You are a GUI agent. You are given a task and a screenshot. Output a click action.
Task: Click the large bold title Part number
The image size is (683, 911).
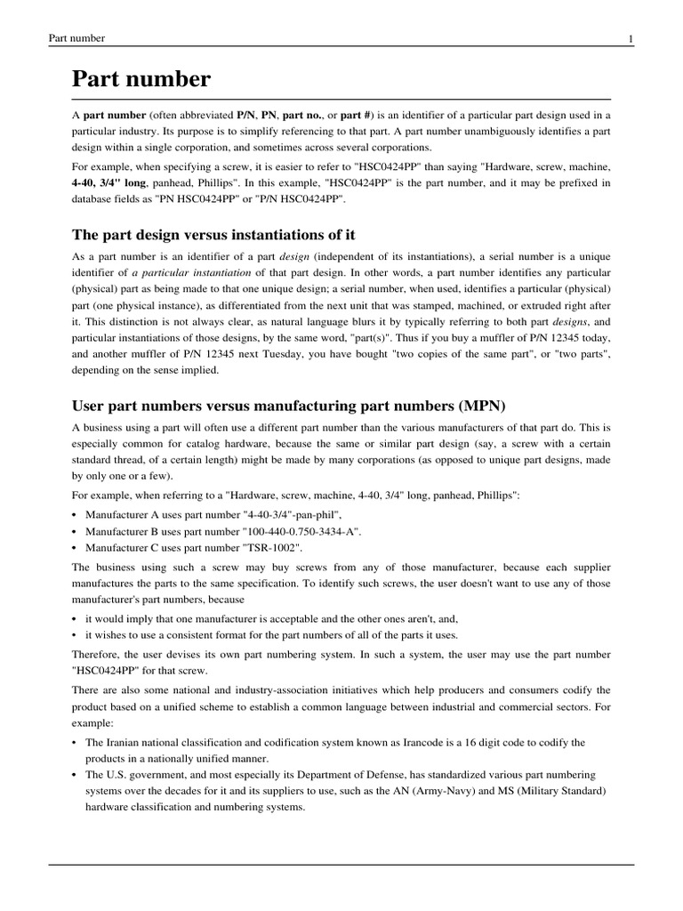coord(141,79)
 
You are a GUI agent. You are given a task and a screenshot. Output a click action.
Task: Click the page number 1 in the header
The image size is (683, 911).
coord(630,38)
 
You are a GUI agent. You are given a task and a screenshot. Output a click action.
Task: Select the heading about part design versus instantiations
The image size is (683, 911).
coord(213,234)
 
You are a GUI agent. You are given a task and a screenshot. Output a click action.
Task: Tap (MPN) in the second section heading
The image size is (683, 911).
coord(481,406)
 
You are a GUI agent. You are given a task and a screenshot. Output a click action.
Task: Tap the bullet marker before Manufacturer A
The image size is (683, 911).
coord(75,515)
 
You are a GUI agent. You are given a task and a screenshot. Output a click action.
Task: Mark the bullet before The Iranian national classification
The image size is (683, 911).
coord(75,742)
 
